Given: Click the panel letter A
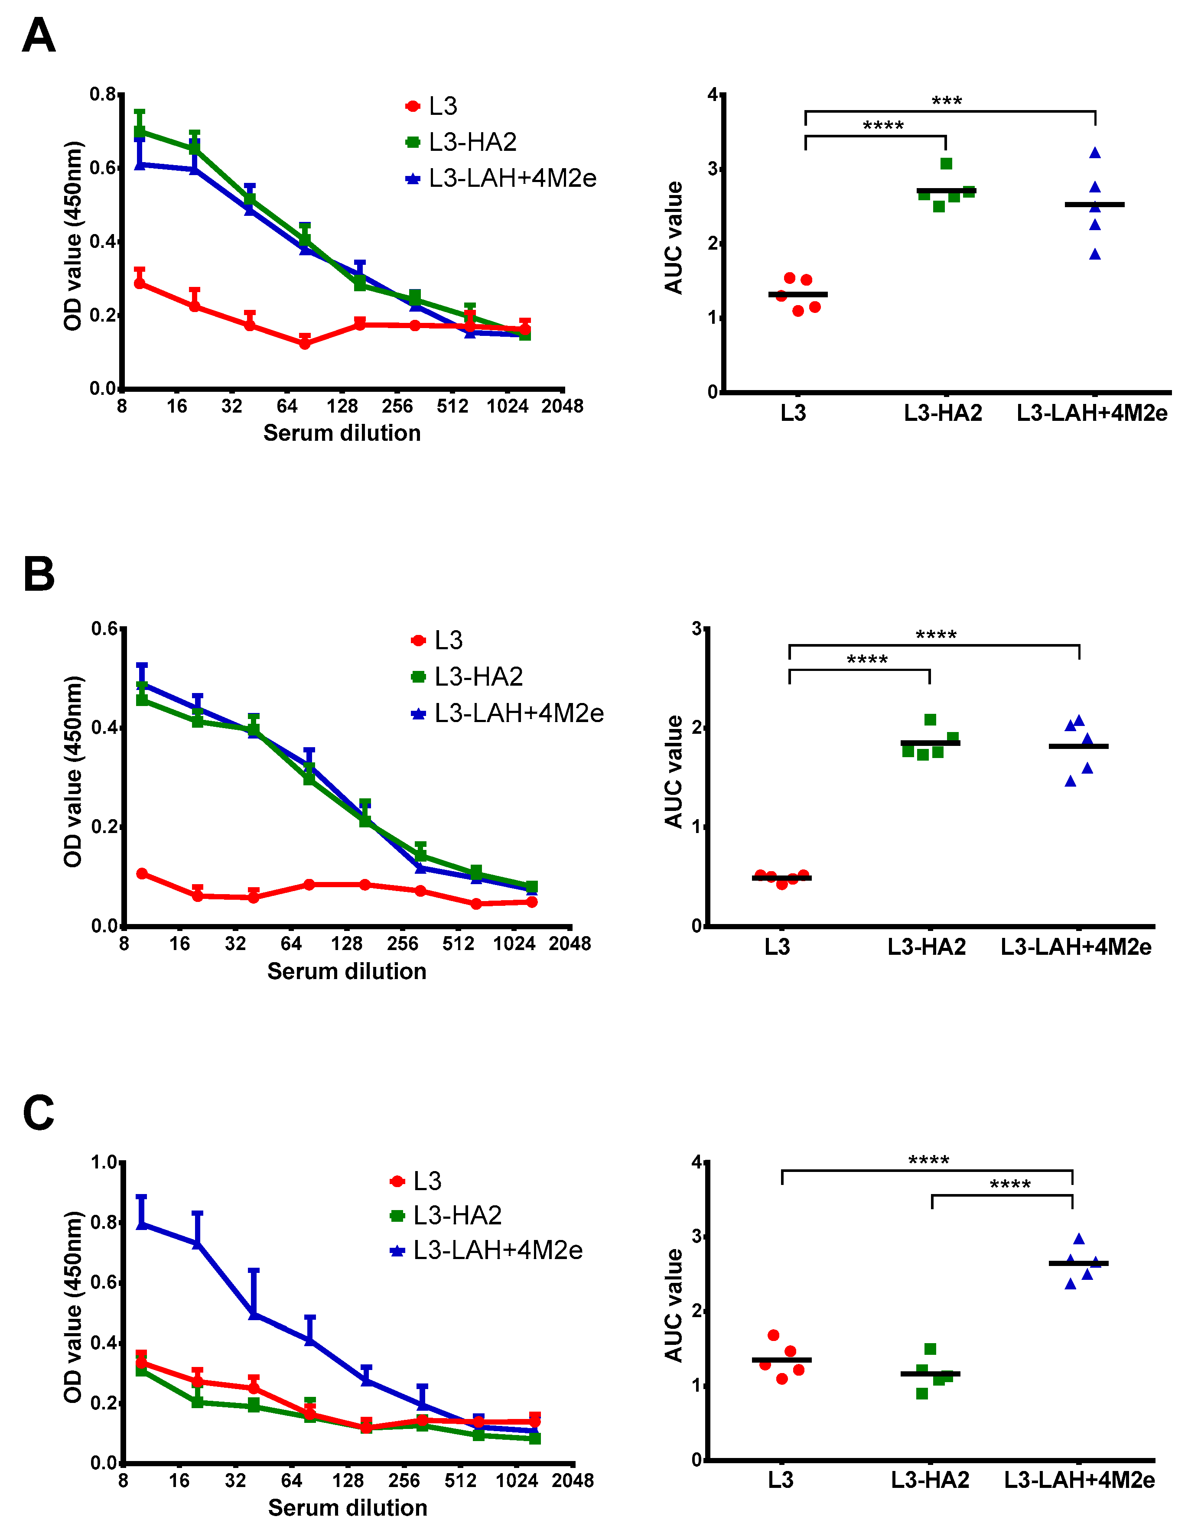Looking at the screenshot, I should coord(39,36).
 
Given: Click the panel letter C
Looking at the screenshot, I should coord(39,1113).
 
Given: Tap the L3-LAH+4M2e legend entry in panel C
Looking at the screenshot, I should coord(497,1250).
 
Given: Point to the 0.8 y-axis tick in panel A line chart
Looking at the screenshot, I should coord(103,94).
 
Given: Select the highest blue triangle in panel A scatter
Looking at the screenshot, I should coord(1095,153).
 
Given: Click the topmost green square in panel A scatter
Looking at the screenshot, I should coord(946,164).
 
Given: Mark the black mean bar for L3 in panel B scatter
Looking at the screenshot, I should coord(781,878).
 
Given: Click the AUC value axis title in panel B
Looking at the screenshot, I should coord(674,771).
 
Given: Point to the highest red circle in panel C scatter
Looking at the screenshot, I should coord(774,1335).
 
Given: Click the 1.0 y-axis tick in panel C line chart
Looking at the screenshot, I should coord(104,1162).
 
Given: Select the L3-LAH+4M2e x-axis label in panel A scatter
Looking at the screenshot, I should coord(1092,413).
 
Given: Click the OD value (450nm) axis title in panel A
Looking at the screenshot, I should coord(73,236).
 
